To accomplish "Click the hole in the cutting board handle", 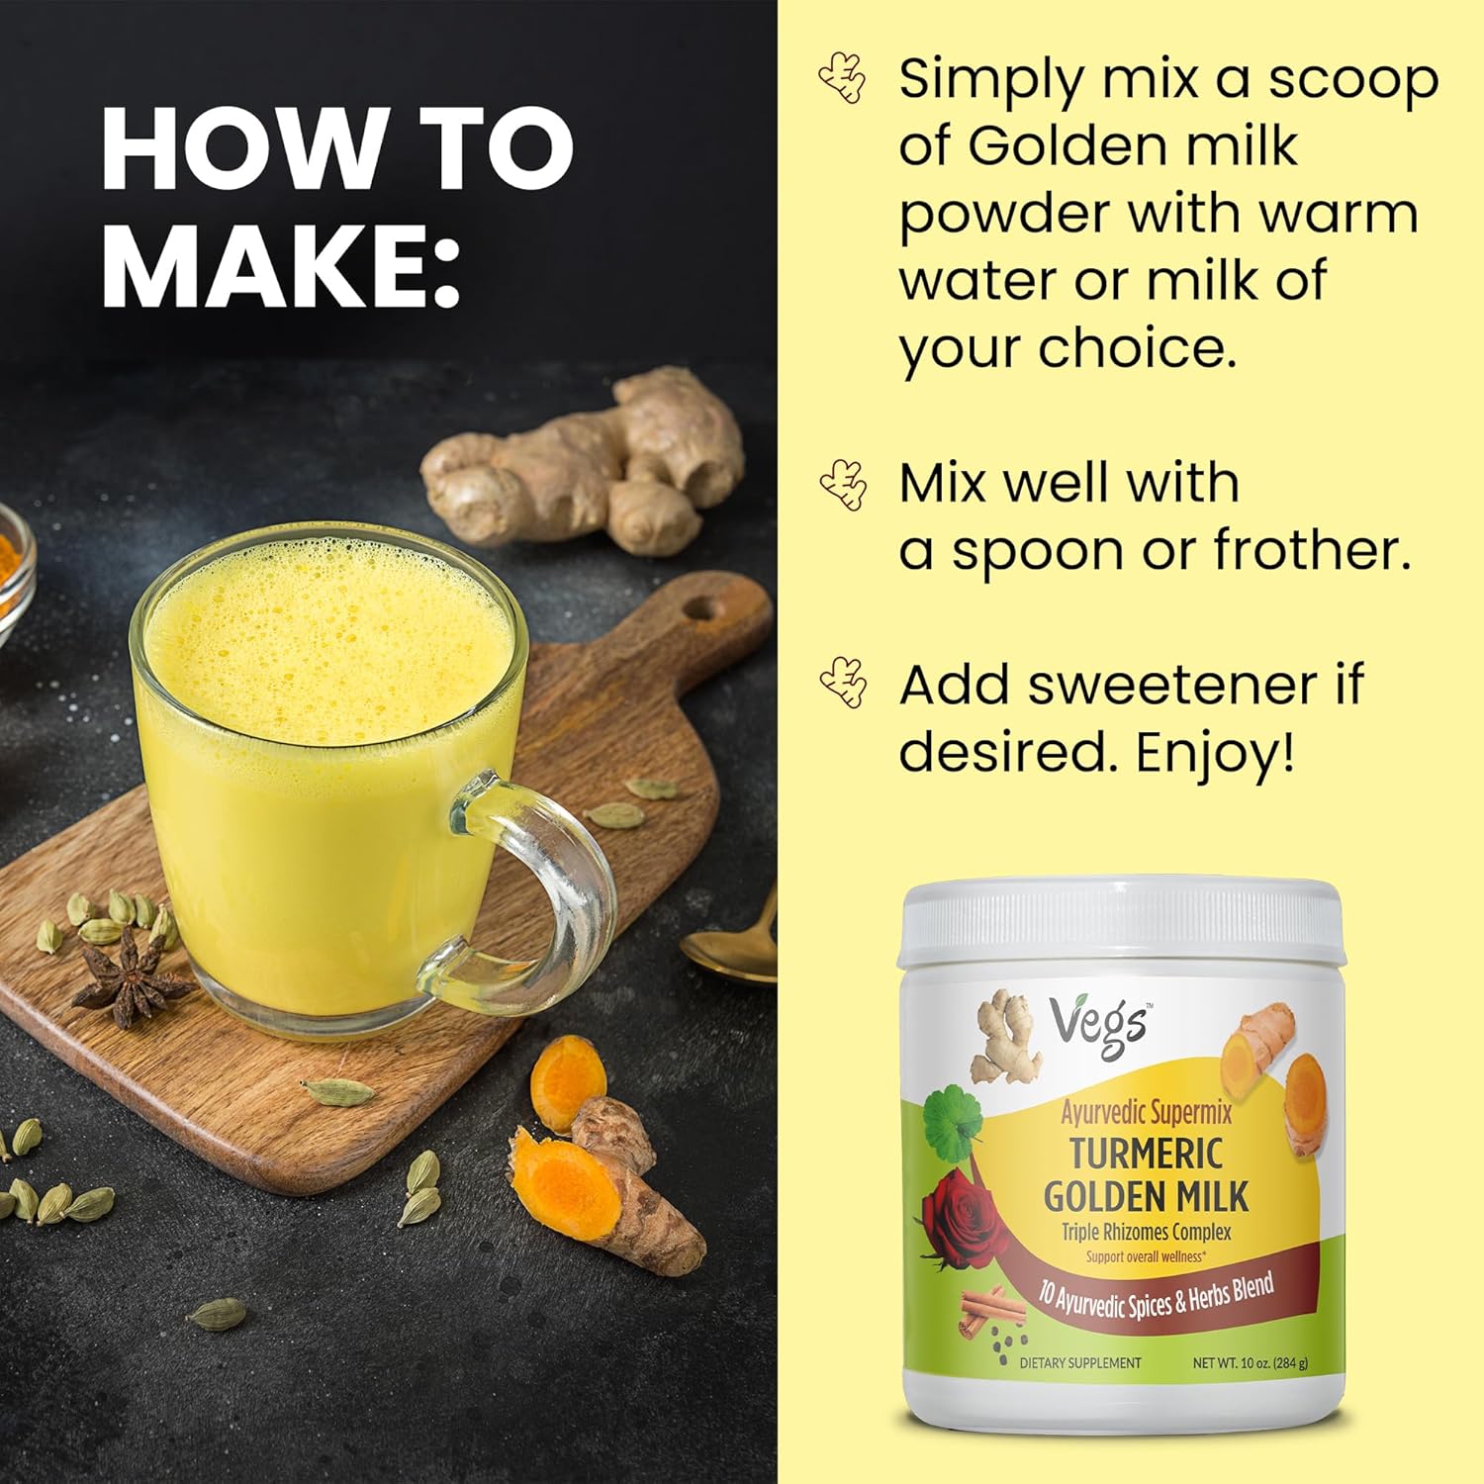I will point(704,606).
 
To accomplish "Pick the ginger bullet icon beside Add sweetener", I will point(844,683).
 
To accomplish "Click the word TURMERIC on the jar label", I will point(1146,1154).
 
